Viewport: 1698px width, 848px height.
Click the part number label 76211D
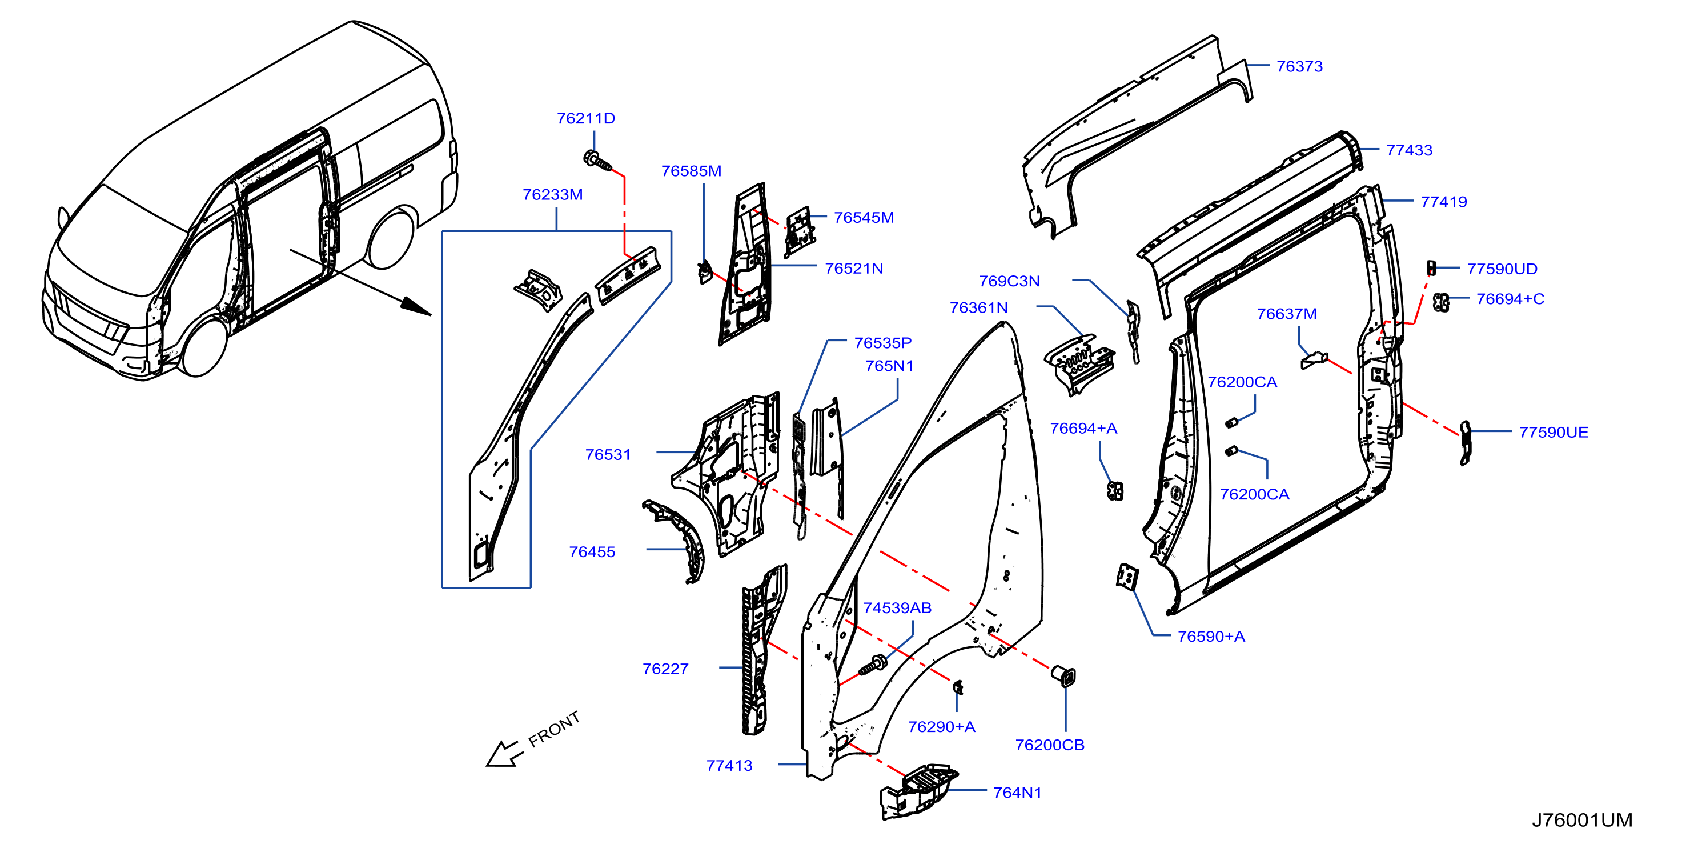(x=585, y=118)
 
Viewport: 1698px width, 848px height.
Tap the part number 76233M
(x=552, y=194)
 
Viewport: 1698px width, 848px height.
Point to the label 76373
(x=1299, y=66)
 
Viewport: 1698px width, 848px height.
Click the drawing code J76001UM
(x=1581, y=819)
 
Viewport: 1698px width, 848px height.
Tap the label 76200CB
(x=1049, y=745)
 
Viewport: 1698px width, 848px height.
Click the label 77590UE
(x=1553, y=432)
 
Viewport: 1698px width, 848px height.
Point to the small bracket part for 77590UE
(x=1464, y=442)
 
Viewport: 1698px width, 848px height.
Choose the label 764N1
(x=1017, y=792)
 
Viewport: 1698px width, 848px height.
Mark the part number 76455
(x=592, y=552)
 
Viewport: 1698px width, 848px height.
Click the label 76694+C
(x=1510, y=299)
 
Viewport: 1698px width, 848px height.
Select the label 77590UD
(x=1502, y=269)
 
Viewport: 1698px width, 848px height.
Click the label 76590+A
(x=1211, y=637)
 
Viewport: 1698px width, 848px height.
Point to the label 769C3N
(x=1009, y=281)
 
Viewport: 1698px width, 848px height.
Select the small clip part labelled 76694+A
(x=1115, y=491)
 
